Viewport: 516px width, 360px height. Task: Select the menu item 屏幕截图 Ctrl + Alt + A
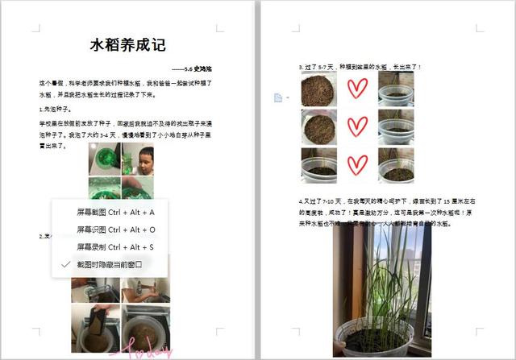(115, 212)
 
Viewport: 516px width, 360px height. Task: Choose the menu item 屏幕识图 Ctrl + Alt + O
(116, 230)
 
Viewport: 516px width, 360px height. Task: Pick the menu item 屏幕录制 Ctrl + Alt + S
(115, 246)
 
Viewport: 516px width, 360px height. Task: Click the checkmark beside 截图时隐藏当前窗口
(65, 264)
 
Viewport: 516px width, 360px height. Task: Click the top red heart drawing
(357, 89)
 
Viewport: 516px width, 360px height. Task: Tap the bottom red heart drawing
(357, 164)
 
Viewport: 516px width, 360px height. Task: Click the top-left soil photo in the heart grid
(319, 90)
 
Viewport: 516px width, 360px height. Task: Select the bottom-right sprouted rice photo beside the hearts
(396, 164)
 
